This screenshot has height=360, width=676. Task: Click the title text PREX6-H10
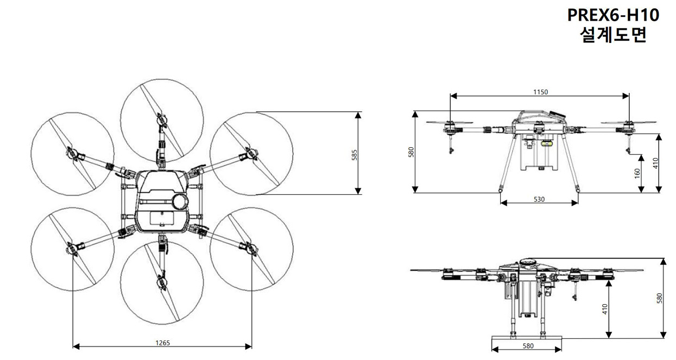(x=613, y=15)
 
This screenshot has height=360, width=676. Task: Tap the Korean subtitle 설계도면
(x=613, y=36)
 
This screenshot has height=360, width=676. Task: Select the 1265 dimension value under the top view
(x=162, y=343)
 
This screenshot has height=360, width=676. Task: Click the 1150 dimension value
(x=540, y=92)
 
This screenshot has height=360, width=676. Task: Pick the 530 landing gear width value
(x=539, y=199)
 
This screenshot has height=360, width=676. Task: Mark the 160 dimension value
(x=637, y=173)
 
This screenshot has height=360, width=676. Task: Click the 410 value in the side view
(x=605, y=309)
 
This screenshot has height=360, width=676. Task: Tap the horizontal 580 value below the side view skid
(x=528, y=346)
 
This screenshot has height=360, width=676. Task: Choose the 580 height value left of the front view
(x=411, y=152)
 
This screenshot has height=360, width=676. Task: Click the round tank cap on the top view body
(x=179, y=201)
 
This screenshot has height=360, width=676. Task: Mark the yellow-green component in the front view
(x=547, y=144)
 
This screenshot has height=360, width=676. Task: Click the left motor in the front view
(x=450, y=128)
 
